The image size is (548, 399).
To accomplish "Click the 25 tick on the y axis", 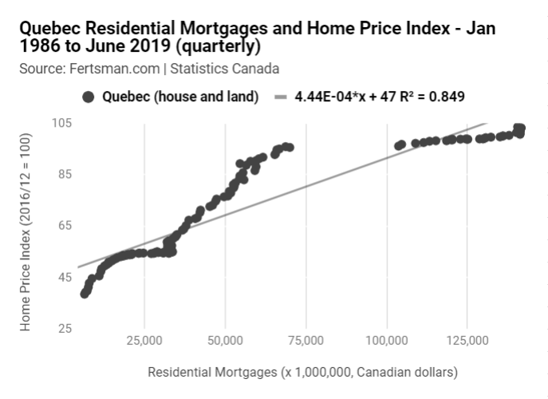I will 65,329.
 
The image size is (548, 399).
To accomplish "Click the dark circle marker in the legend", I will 89,97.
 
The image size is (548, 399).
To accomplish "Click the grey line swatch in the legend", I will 280,97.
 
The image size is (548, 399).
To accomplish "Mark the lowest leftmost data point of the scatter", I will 85,294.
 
